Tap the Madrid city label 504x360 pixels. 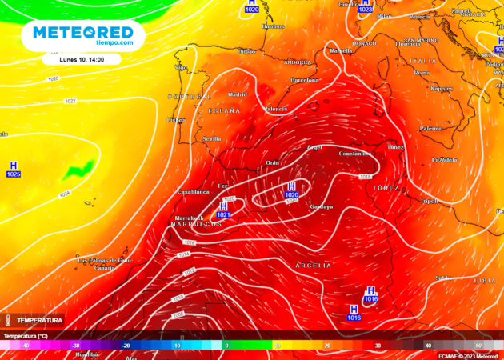click(x=238, y=94)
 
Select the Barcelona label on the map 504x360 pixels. click(x=304, y=81)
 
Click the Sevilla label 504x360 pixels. click(x=212, y=138)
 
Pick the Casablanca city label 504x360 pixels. click(x=193, y=192)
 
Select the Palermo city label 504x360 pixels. click(x=431, y=128)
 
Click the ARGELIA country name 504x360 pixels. click(x=314, y=265)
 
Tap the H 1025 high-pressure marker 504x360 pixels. click(x=13, y=169)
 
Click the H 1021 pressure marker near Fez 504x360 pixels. click(x=223, y=210)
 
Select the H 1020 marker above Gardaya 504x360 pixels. click(x=291, y=190)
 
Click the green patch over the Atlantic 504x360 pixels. click(x=78, y=170)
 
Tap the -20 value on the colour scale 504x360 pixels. click(x=126, y=345)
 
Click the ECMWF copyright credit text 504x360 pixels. click(x=467, y=356)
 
